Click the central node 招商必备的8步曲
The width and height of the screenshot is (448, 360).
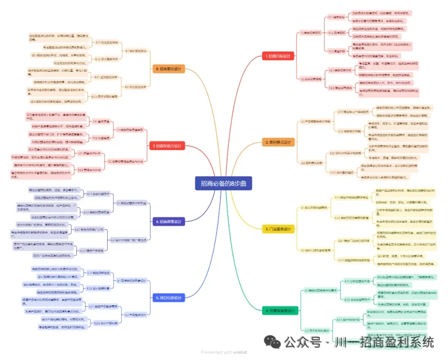pyautogui.click(x=223, y=183)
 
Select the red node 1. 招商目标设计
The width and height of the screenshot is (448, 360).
pyautogui.click(x=278, y=56)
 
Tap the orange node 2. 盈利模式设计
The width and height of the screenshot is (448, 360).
pyautogui.click(x=278, y=142)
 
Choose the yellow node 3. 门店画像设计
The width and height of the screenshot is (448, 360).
pyautogui.click(x=278, y=229)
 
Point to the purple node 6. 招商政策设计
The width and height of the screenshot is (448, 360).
pyautogui.click(x=168, y=222)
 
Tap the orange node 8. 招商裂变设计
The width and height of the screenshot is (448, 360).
pyautogui.click(x=168, y=69)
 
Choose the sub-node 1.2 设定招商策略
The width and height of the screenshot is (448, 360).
pyautogui.click(x=311, y=78)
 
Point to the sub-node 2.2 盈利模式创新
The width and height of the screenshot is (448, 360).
pyautogui.click(x=311, y=163)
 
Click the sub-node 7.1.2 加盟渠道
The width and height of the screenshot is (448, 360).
pyautogui.click(x=101, y=138)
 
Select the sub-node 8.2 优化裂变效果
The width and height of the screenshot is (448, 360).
pyautogui.click(x=136, y=87)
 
